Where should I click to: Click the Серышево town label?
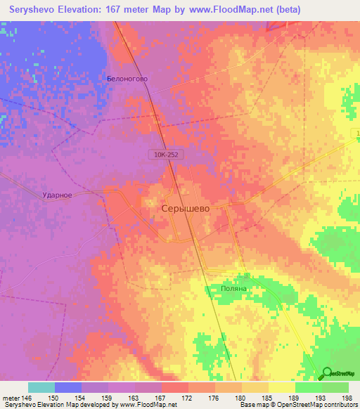[x=186, y=209]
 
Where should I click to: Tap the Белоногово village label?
[x=127, y=79]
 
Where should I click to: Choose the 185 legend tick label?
[x=269, y=398]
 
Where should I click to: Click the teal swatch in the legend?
[x=41, y=387]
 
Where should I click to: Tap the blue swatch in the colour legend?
[x=67, y=387]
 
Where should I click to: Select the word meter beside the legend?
[x=11, y=398]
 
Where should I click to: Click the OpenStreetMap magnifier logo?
[x=327, y=373]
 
